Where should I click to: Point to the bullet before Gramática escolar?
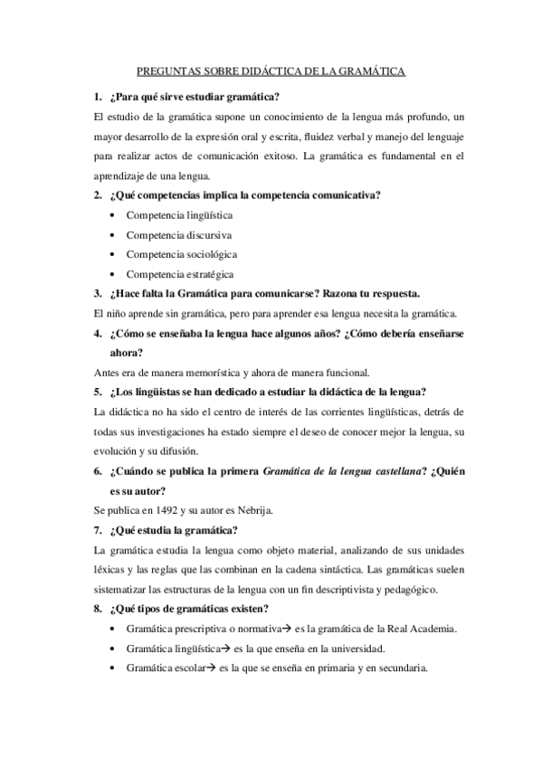click(x=110, y=668)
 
